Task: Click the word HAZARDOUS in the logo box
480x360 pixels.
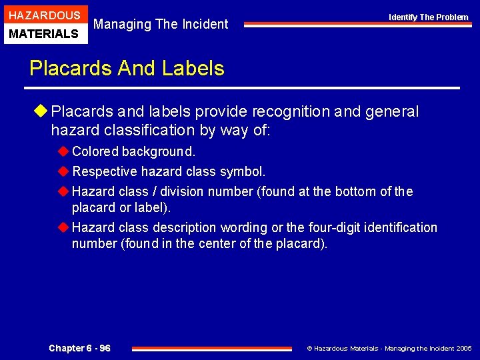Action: (44, 15)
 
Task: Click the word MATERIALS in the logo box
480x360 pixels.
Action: (44, 33)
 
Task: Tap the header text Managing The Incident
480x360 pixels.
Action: (161, 25)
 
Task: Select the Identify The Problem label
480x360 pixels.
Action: (429, 17)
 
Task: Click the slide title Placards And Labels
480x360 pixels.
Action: (127, 68)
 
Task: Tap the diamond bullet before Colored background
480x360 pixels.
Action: (63, 152)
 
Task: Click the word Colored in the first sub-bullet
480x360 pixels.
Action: (95, 152)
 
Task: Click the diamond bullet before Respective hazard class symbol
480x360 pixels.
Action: (63, 172)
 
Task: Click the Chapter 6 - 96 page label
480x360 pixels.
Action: (80, 348)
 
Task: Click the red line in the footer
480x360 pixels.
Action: (211, 348)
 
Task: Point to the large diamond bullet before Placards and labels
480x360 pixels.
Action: (42, 112)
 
